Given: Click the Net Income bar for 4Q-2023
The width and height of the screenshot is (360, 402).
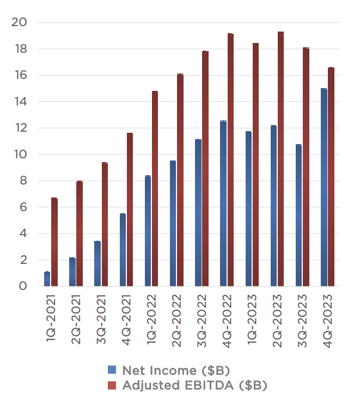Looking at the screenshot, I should [324, 187].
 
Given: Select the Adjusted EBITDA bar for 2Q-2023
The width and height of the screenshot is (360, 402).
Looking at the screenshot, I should [280, 159].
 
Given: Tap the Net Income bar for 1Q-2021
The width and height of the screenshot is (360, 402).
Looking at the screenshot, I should [47, 279].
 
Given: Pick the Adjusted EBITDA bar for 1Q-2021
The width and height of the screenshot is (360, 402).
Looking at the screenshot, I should [54, 242].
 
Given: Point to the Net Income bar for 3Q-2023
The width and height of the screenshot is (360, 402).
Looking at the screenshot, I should [298, 215].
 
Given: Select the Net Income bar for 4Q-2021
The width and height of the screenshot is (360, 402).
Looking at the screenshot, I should [123, 250].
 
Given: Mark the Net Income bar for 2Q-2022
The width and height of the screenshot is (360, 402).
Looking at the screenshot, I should [173, 223].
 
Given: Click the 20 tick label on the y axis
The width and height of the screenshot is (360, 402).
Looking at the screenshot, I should [19, 22].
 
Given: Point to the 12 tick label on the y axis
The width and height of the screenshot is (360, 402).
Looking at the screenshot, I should [20, 128].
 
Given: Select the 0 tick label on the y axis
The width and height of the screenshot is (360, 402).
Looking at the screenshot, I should [22, 286].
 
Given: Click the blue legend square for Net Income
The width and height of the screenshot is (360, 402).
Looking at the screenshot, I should [112, 371].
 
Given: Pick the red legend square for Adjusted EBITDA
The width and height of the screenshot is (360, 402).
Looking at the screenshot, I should [112, 386].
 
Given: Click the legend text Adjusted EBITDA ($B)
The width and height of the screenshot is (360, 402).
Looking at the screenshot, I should [195, 386].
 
